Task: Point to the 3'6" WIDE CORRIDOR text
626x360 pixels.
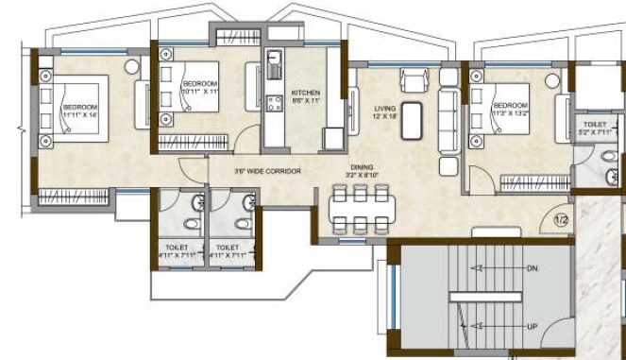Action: click(x=268, y=171)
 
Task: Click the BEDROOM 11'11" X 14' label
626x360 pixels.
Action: click(x=80, y=112)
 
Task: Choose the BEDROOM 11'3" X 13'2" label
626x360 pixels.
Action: click(x=511, y=107)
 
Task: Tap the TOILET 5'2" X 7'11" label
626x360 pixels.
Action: click(x=595, y=129)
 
